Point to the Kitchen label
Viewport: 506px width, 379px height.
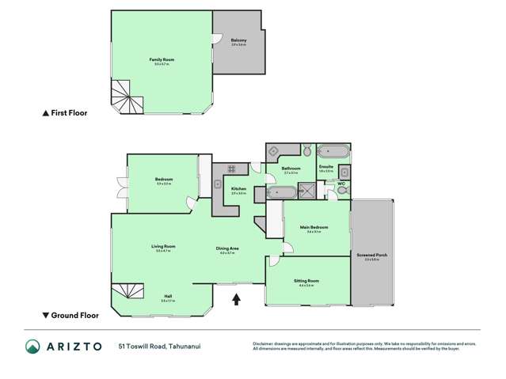click(238, 188)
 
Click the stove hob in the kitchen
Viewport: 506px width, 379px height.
click(233, 168)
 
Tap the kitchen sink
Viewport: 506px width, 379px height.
click(218, 184)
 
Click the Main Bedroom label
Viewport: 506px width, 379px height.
click(314, 228)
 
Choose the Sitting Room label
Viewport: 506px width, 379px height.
click(308, 281)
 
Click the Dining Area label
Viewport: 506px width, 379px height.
click(228, 248)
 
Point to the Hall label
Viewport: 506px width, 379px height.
click(166, 298)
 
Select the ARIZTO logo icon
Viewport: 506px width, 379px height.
click(34, 347)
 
